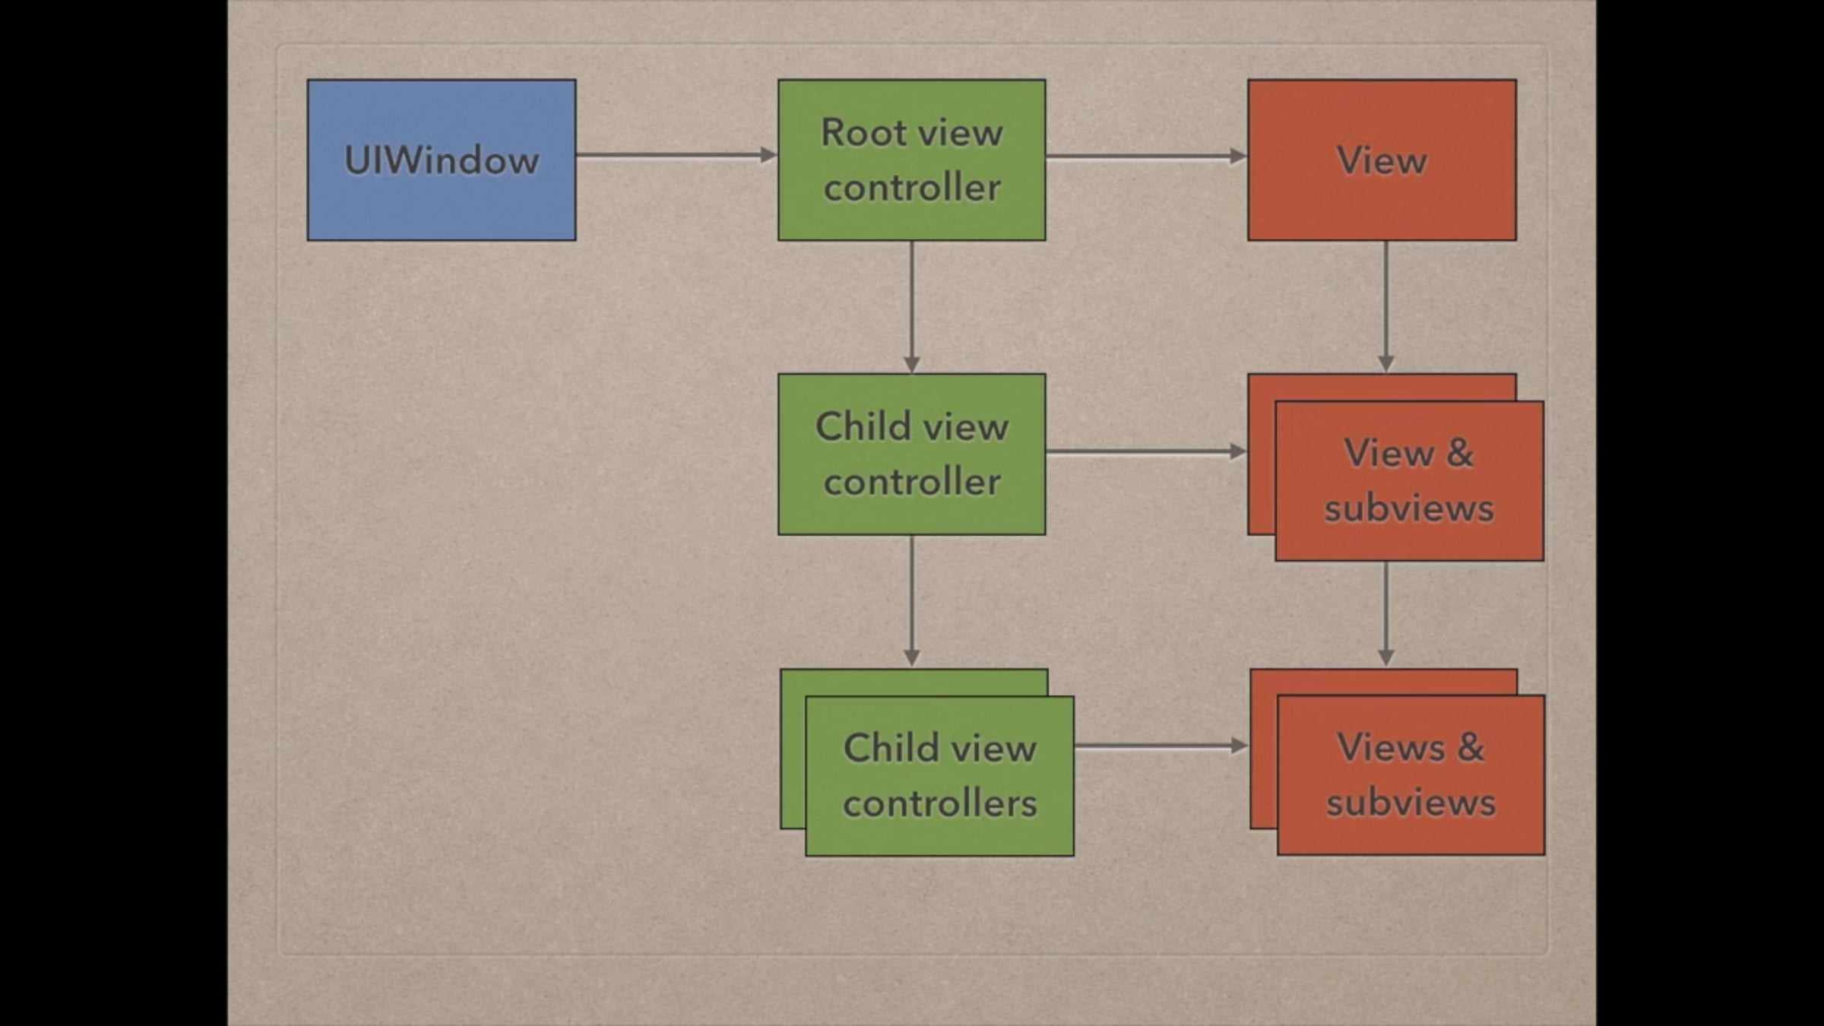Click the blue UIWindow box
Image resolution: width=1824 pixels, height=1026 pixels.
click(442, 160)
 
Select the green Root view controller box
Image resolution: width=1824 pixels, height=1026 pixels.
click(912, 160)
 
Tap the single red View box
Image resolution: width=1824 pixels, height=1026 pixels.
click(1382, 160)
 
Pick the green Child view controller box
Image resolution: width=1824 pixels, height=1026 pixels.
click(912, 454)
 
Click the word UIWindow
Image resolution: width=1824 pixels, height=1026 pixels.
click(442, 160)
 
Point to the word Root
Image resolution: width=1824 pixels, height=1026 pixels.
click(864, 133)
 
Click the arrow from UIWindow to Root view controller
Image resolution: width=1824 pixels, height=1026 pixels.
click(676, 155)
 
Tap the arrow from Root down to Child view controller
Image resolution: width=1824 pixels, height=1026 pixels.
click(912, 307)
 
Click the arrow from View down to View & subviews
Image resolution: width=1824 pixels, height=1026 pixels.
click(1386, 307)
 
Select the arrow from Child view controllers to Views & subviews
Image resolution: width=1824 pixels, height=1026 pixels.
click(1161, 746)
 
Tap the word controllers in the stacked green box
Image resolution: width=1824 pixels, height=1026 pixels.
click(940, 803)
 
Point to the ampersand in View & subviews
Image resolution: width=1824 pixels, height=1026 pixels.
click(1460, 453)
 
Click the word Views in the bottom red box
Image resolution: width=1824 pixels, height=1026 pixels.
click(1391, 747)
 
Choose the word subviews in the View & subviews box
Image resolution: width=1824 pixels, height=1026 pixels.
click(1410, 508)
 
